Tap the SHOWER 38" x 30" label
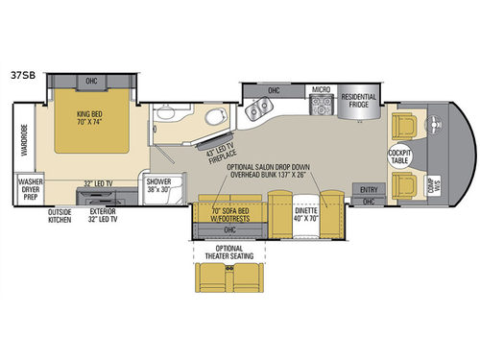click(159, 185)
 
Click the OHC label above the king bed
click(92, 81)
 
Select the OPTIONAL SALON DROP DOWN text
click(274, 165)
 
